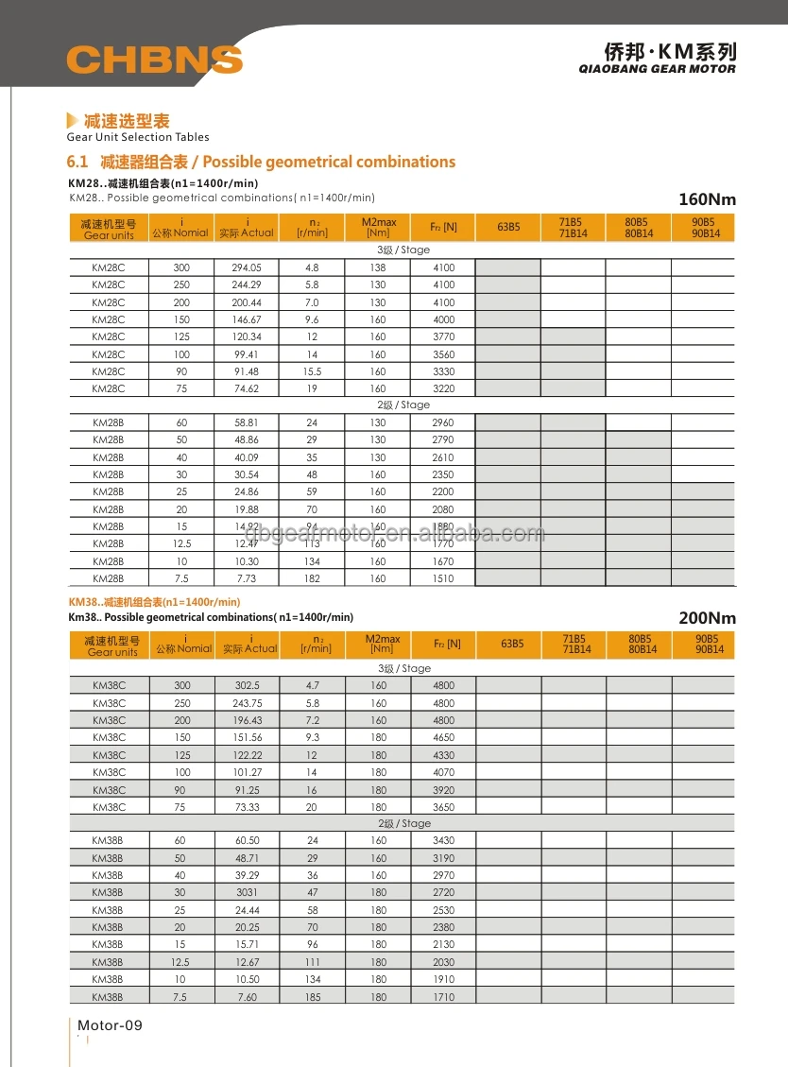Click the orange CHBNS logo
pyautogui.click(x=154, y=60)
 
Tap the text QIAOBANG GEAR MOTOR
pyautogui.click(x=657, y=69)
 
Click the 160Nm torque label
pyautogui.click(x=707, y=199)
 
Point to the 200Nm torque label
pyautogui.click(x=707, y=618)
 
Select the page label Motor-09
pyautogui.click(x=110, y=1025)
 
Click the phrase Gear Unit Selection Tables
pyautogui.click(x=138, y=138)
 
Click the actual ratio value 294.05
pyautogui.click(x=247, y=267)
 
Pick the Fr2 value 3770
pyautogui.click(x=443, y=336)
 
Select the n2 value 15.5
pyautogui.click(x=313, y=371)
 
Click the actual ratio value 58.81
pyautogui.click(x=247, y=422)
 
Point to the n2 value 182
pyautogui.click(x=313, y=578)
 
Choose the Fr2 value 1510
pyautogui.click(x=443, y=578)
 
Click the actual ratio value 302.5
pyautogui.click(x=248, y=685)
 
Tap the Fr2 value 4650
pyautogui.click(x=443, y=737)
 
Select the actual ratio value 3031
pyautogui.click(x=248, y=892)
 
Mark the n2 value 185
pyautogui.click(x=313, y=997)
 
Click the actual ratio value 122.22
pyautogui.click(x=248, y=755)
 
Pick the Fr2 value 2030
pyautogui.click(x=443, y=962)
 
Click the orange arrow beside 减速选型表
pyautogui.click(x=72, y=121)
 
